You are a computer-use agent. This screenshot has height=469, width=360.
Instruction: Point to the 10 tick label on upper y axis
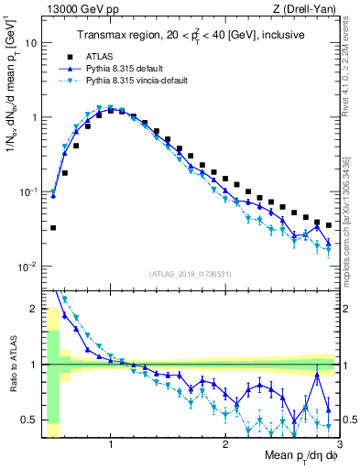[x=31, y=43]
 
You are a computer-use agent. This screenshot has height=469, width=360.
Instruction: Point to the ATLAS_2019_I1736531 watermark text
[x=189, y=274]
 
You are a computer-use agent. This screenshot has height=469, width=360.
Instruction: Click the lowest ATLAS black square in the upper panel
[x=53, y=227]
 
